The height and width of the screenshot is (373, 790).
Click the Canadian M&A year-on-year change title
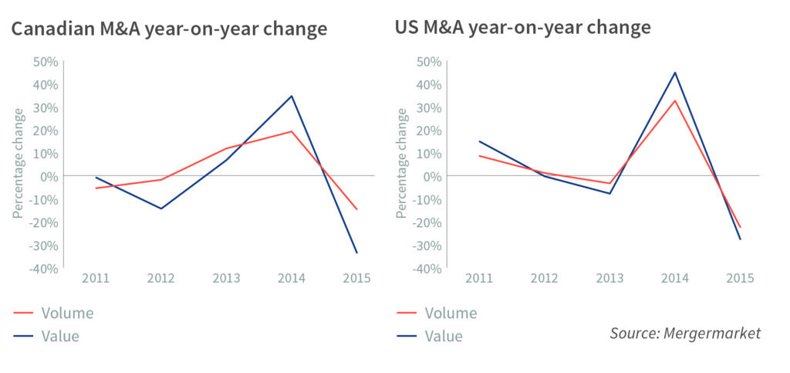click(x=168, y=29)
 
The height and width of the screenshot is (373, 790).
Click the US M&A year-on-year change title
click(x=523, y=28)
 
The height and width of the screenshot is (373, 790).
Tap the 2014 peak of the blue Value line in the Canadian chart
click(x=292, y=96)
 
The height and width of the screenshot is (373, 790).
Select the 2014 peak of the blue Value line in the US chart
click(x=676, y=73)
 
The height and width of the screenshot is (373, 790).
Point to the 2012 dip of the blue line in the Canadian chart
click(x=161, y=209)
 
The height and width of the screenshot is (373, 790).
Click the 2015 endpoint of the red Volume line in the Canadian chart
click(x=356, y=209)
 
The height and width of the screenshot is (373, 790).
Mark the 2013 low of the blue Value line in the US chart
click(x=610, y=193)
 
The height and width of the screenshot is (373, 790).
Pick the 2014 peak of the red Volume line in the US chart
click(x=676, y=100)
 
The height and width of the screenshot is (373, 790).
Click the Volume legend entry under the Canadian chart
click(x=67, y=313)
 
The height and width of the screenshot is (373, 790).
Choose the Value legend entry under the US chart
click(x=444, y=336)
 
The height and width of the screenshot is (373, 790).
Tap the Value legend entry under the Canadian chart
click(x=60, y=336)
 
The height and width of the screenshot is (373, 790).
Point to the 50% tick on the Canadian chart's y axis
click(x=44, y=61)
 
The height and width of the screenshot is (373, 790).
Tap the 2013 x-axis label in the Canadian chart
click(x=226, y=278)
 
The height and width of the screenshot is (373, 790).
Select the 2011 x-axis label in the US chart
click(x=480, y=278)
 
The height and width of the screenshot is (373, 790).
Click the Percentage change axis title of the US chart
click(x=402, y=163)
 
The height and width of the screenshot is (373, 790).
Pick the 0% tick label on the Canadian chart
click(x=48, y=176)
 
